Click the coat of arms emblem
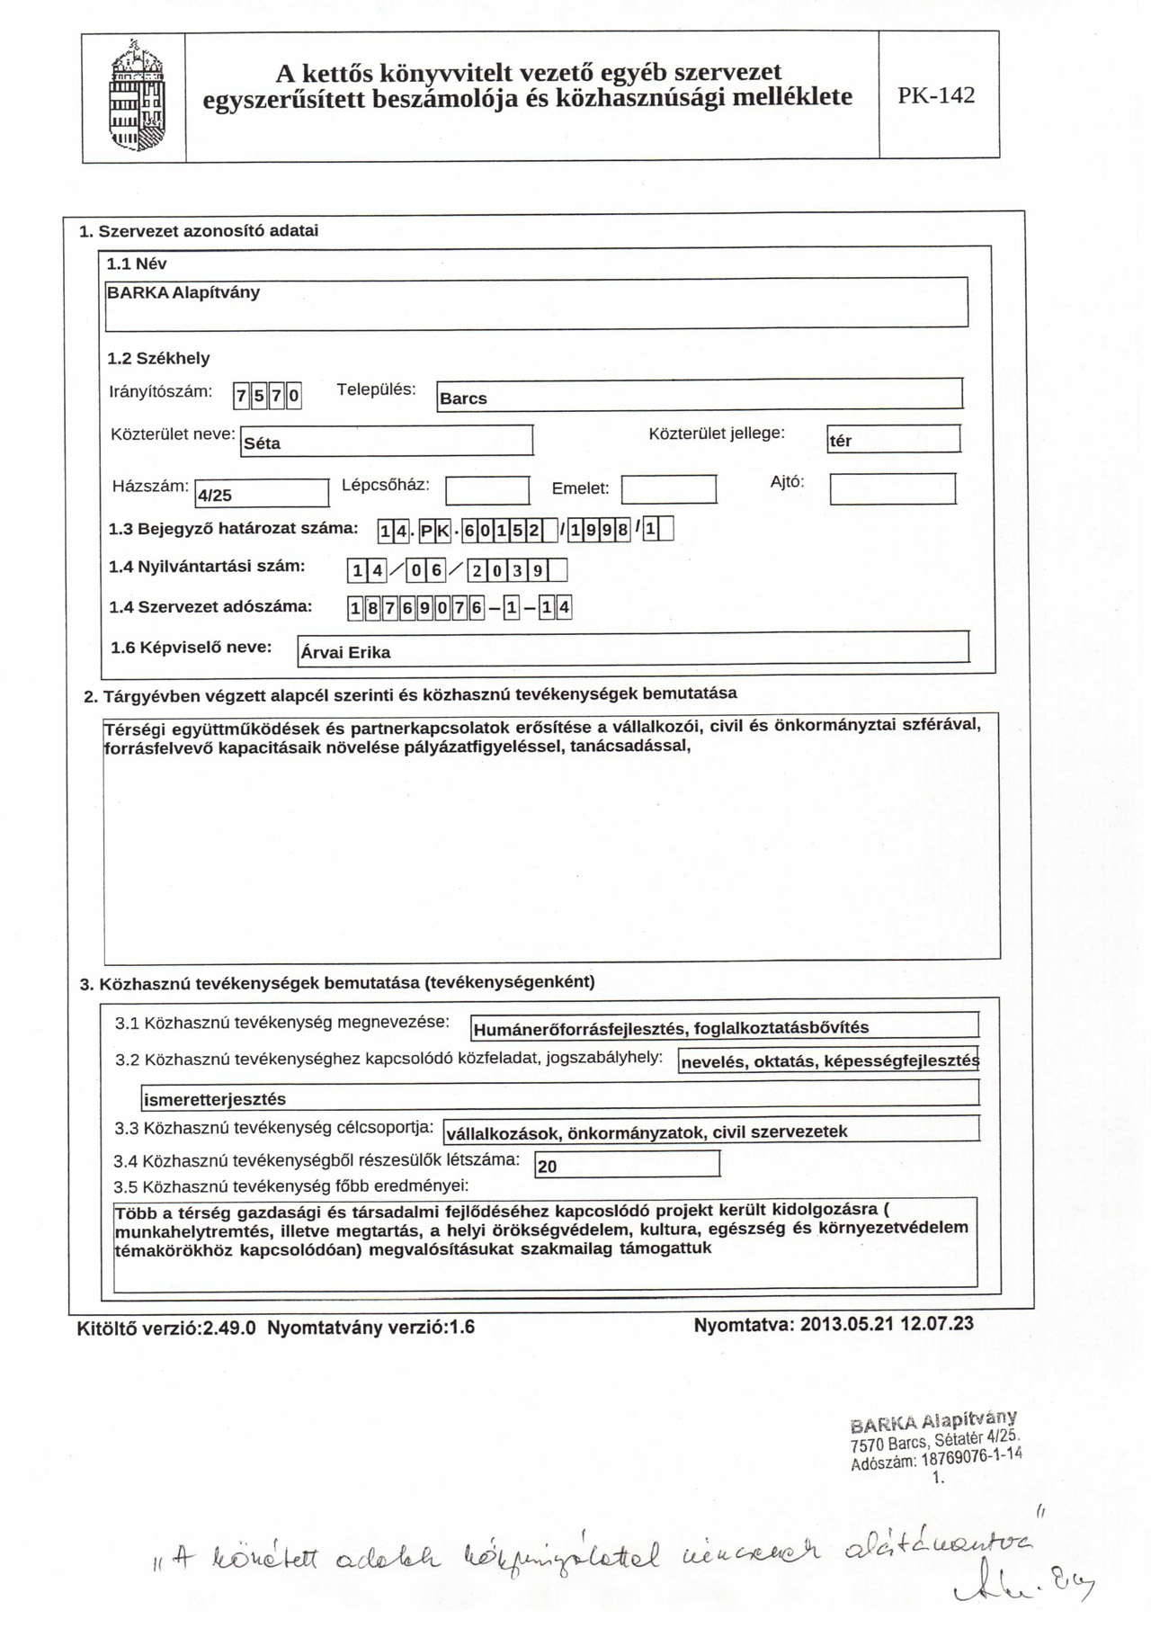(x=136, y=96)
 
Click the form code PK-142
(x=936, y=96)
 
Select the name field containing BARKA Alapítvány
(x=536, y=302)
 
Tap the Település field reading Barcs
(x=699, y=396)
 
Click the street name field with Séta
(x=388, y=441)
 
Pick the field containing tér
(x=893, y=439)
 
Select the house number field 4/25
(x=262, y=494)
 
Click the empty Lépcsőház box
(x=487, y=490)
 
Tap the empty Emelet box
(x=669, y=489)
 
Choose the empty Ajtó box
(x=892, y=488)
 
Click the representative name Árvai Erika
(x=633, y=649)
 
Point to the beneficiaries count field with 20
(x=627, y=1164)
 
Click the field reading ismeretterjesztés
(x=559, y=1096)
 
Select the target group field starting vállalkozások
(x=709, y=1129)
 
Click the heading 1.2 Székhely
(x=158, y=358)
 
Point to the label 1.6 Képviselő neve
(x=191, y=647)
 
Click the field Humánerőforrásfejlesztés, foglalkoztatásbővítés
(x=724, y=1025)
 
